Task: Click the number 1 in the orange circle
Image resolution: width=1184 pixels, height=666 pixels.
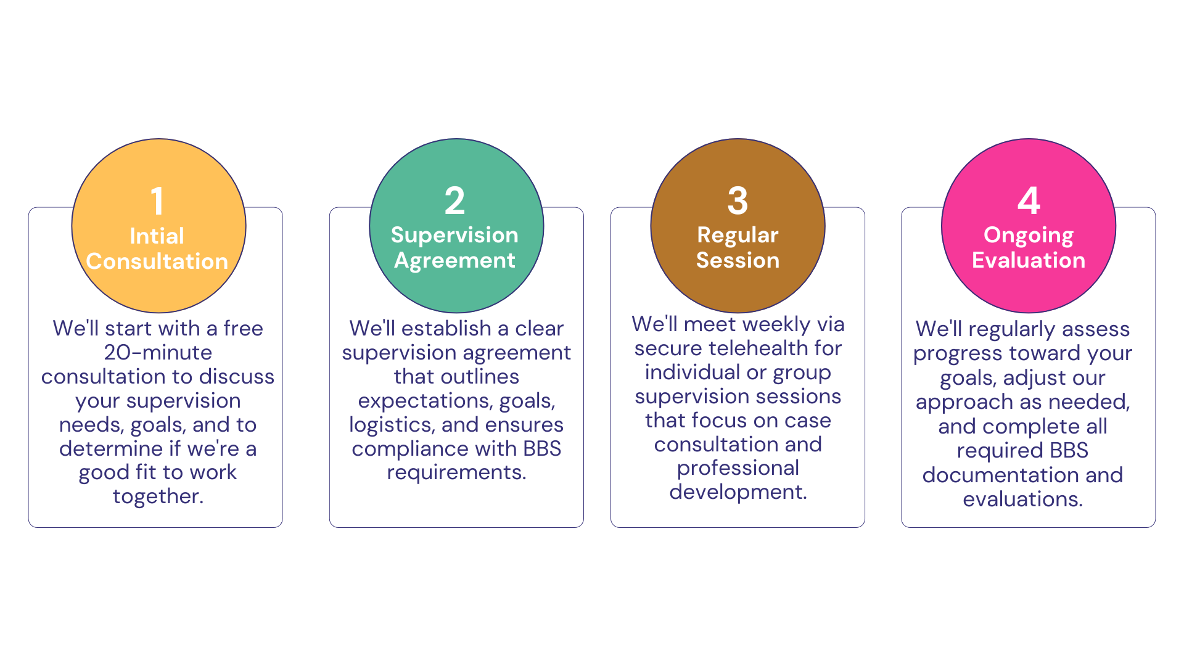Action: pos(158,201)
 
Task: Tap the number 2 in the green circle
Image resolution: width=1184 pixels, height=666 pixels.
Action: pos(455,201)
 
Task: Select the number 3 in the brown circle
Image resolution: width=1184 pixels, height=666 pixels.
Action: pos(738,201)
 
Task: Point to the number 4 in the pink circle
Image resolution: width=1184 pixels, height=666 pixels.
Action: pos(1029,201)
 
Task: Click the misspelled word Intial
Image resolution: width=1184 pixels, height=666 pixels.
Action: pos(157,236)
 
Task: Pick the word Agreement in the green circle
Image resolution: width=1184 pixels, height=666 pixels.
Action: pos(455,261)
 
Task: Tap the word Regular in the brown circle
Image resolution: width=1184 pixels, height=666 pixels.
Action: pos(738,236)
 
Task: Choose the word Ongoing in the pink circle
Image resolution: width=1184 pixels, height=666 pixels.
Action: pos(1029,236)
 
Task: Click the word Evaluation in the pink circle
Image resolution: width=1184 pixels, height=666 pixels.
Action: pos(1029,260)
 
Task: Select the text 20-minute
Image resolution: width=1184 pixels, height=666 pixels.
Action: pos(158,352)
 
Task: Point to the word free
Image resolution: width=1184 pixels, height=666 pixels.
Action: pos(243,328)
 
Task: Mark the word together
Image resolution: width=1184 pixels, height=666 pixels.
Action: pos(158,496)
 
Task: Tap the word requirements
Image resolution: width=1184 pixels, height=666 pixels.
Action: pos(456,472)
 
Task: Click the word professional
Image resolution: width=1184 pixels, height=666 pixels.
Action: pos(738,468)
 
